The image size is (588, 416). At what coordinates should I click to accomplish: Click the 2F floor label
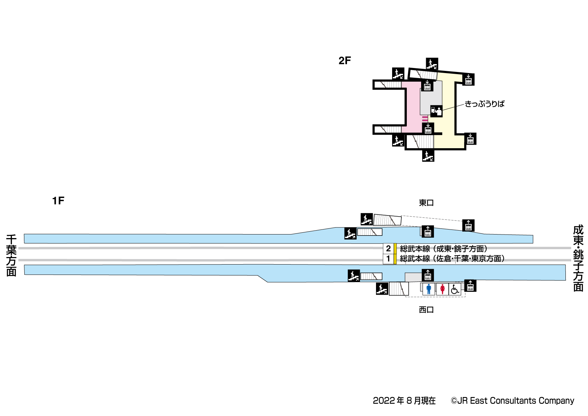coord(344,61)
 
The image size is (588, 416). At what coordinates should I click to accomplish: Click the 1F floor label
coord(58,200)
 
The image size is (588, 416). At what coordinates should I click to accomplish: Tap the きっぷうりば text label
coord(485,104)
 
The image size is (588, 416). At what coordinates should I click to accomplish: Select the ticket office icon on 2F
coord(436,111)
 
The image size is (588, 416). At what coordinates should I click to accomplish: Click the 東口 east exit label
coord(426,203)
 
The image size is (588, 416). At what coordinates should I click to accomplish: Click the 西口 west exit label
coord(426,310)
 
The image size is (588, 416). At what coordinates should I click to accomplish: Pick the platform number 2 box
coord(388,248)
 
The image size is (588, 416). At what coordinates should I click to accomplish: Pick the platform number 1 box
coord(388,258)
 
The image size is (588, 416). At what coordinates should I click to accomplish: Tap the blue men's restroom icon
coord(429,289)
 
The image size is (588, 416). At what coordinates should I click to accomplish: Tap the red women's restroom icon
coord(442,289)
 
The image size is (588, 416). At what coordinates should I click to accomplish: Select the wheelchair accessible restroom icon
coord(455,289)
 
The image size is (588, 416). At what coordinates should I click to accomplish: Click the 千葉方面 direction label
coord(11,255)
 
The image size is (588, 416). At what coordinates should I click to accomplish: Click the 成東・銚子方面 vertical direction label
coord(578,258)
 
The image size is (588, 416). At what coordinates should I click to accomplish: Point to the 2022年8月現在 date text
coord(404,401)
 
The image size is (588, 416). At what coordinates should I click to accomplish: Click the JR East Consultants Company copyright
coord(512,401)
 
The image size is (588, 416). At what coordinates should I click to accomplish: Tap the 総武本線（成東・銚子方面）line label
coord(443,248)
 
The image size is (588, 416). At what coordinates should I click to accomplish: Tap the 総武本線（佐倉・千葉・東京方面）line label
coord(452,258)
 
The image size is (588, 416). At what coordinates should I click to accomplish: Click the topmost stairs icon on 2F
coord(432,64)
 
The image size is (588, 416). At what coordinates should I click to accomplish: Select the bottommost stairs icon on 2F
coord(428,156)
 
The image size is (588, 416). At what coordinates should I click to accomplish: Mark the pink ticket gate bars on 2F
coord(425,118)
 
